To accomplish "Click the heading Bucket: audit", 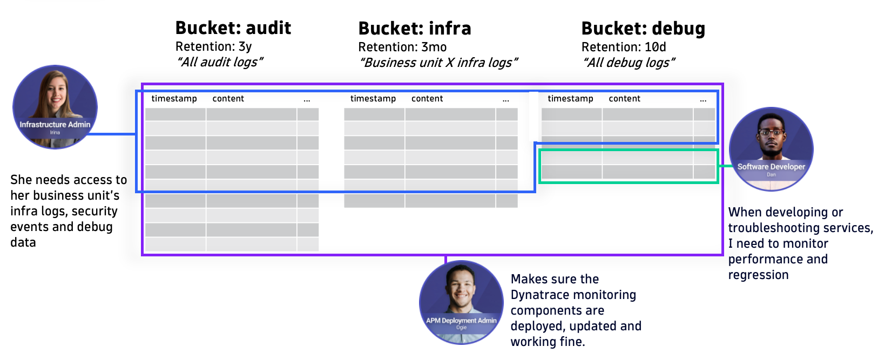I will (x=233, y=28).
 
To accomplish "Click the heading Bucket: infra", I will (x=414, y=29).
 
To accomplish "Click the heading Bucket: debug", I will (x=643, y=29).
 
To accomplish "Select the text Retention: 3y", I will (x=213, y=46).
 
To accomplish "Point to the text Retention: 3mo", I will (x=402, y=47).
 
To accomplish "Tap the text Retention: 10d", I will (x=623, y=47).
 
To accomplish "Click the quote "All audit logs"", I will (x=219, y=62).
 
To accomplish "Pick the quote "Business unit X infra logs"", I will (x=438, y=63).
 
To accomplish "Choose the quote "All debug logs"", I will (x=629, y=63).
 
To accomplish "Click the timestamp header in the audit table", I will (x=174, y=99).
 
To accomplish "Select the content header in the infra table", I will (x=427, y=99).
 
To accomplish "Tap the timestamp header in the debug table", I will (x=570, y=99).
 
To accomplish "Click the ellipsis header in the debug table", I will (x=703, y=99).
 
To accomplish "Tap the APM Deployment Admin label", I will (x=461, y=321).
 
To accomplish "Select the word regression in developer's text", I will (x=758, y=275).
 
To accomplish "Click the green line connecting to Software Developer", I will (x=724, y=166).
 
